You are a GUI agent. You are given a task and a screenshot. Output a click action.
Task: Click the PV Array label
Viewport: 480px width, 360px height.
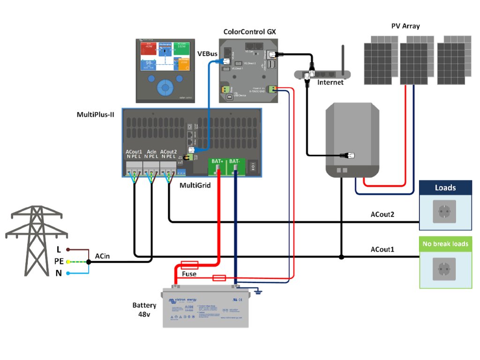pos(405,26)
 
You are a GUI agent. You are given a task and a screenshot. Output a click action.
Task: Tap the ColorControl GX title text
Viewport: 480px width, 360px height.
pos(250,32)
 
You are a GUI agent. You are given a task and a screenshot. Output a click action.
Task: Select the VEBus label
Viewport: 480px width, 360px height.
pos(207,54)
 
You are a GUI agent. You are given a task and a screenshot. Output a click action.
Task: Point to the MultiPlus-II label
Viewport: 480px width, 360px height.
pos(96,115)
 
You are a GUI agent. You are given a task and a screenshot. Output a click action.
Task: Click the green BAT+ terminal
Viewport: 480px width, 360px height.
pos(217,161)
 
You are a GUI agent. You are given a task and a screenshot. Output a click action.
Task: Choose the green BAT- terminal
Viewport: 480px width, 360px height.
pos(234,161)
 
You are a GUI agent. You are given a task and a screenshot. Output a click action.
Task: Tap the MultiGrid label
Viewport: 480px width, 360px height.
pos(195,186)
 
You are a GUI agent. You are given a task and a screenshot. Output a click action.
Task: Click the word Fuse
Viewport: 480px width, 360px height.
pos(189,274)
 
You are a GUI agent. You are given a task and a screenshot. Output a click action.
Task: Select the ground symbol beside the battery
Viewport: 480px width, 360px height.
pos(258,292)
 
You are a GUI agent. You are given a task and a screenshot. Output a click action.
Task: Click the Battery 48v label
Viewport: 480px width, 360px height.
pos(141,310)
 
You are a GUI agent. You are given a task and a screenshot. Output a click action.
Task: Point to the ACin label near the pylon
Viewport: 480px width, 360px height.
pos(103,256)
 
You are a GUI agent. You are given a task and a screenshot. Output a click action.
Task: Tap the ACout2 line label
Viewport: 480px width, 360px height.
pos(382,215)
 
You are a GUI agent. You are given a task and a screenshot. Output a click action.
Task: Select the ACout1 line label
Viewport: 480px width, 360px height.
pos(382,249)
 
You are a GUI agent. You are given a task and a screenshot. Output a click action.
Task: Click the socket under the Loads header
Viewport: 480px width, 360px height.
pos(445,211)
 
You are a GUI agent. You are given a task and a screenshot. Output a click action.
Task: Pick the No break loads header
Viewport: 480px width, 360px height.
pos(445,244)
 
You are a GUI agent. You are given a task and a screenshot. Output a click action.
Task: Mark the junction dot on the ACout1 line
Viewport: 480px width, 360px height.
pos(341,257)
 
